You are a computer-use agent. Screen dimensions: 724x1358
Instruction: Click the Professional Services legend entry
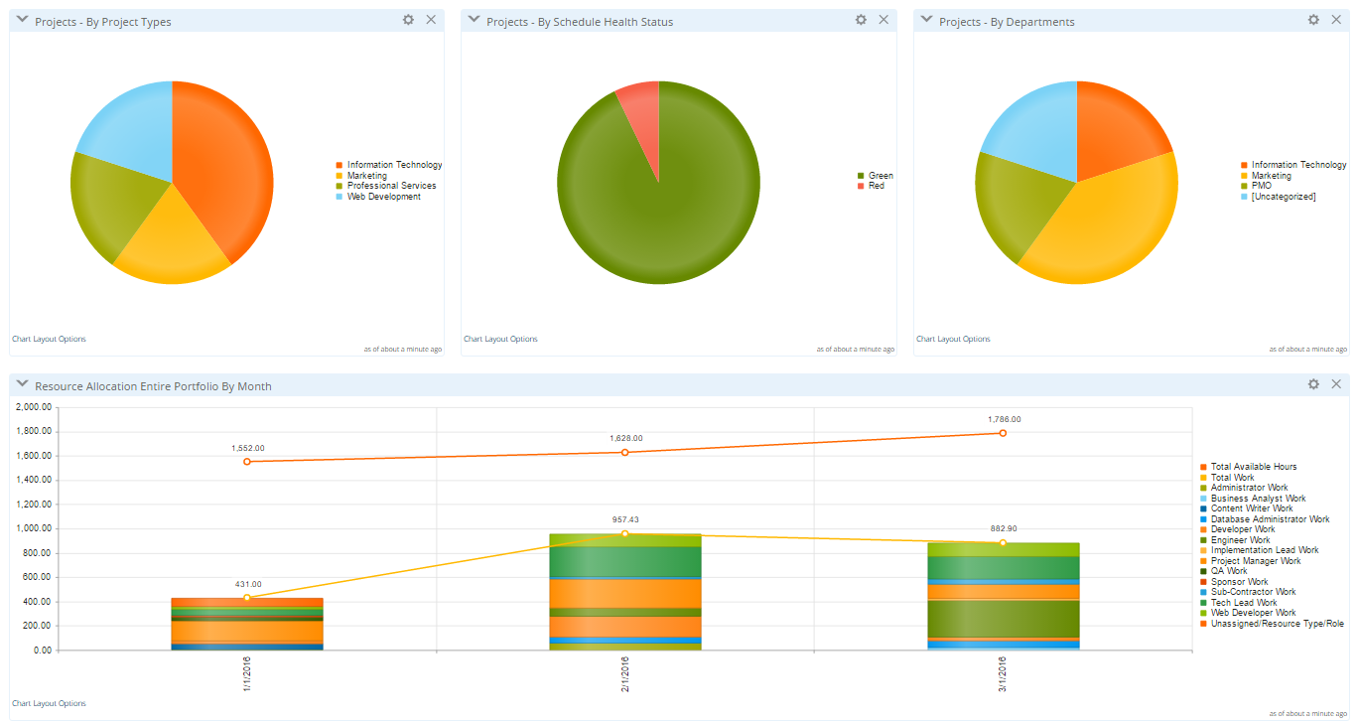pos(391,186)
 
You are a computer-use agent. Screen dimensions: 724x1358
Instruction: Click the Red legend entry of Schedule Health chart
pos(876,186)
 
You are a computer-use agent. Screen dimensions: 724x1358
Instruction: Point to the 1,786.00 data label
pos(1004,419)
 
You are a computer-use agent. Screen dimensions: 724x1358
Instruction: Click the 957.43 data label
pos(625,519)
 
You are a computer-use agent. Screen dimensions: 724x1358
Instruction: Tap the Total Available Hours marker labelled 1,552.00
pos(247,462)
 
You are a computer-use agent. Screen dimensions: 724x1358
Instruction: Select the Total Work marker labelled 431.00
pos(247,598)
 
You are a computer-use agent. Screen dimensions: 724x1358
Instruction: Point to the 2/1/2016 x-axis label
pos(625,674)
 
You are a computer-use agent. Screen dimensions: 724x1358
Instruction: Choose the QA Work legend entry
pos(1229,571)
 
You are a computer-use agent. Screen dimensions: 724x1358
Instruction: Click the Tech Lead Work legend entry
pos(1244,603)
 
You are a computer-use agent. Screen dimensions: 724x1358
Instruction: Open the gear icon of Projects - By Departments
pos(1313,20)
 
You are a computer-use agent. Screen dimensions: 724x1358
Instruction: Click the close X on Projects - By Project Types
pos(431,20)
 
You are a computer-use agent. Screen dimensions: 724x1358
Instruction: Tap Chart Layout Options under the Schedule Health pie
pos(500,339)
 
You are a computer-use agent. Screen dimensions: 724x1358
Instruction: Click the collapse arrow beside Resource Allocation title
pos(22,385)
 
